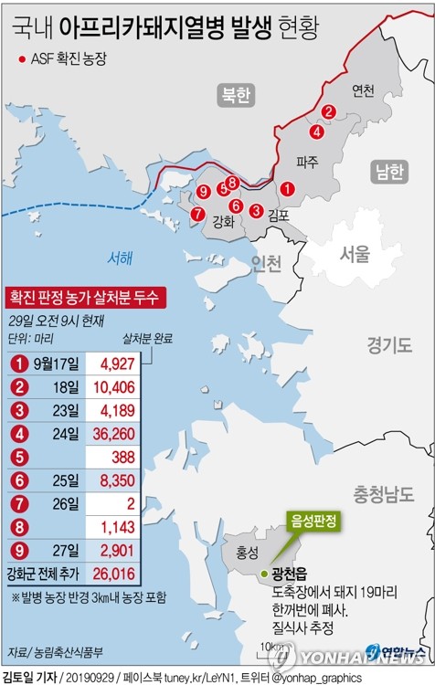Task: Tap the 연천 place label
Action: click(x=363, y=90)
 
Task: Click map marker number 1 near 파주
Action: click(x=287, y=190)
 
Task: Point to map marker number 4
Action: click(x=316, y=131)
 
